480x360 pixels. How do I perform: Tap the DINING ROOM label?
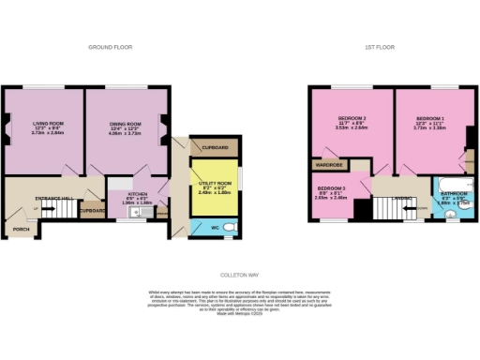[126, 124]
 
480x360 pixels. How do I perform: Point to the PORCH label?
[20, 229]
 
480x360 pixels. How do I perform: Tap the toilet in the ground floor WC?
[231, 227]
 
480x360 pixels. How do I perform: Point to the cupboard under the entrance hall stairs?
[91, 211]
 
